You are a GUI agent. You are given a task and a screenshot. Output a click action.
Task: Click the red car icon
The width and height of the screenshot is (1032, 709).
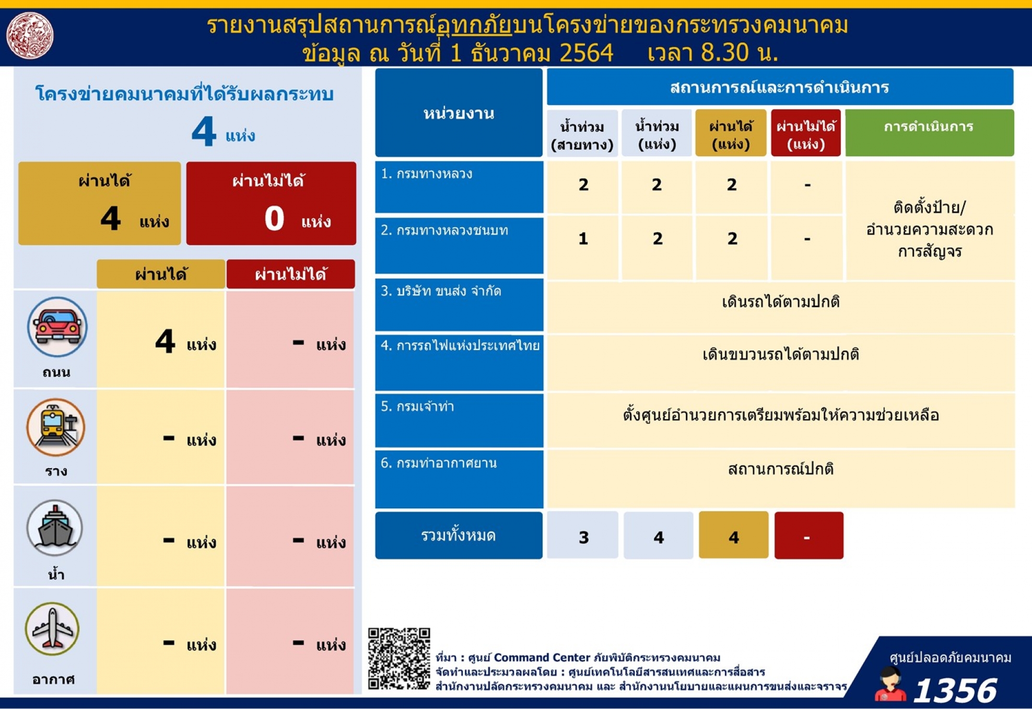tap(57, 327)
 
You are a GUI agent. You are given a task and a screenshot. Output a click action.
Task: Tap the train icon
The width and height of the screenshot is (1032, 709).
tap(56, 427)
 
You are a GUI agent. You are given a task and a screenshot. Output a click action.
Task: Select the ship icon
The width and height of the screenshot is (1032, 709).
tap(55, 528)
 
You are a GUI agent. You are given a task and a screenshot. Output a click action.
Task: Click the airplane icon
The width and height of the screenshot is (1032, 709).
tap(52, 629)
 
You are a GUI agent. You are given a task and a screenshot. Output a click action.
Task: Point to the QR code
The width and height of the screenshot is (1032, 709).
tap(399, 658)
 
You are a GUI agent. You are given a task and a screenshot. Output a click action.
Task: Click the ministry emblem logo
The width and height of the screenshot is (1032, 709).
tap(30, 36)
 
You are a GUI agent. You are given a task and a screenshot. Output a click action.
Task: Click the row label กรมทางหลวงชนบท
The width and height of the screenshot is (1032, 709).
tap(444, 230)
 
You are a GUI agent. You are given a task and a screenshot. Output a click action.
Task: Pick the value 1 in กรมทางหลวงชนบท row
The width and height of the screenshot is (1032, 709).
tap(583, 239)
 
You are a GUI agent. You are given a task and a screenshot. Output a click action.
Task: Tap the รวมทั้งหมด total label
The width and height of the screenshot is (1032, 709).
tap(459, 535)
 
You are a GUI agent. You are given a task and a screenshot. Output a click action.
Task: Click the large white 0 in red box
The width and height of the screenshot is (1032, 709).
tap(274, 218)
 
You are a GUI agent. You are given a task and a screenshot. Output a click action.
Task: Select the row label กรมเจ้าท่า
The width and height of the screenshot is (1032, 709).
tap(417, 406)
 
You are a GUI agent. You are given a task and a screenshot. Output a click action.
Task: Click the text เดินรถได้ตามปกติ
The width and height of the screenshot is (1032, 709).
tap(781, 302)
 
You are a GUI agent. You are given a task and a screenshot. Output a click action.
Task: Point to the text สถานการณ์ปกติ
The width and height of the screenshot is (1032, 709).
tap(781, 469)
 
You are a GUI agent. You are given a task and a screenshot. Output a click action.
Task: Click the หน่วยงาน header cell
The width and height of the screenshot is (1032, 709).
tap(459, 112)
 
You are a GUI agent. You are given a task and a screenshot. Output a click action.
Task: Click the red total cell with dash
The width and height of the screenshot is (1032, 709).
tap(808, 535)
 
